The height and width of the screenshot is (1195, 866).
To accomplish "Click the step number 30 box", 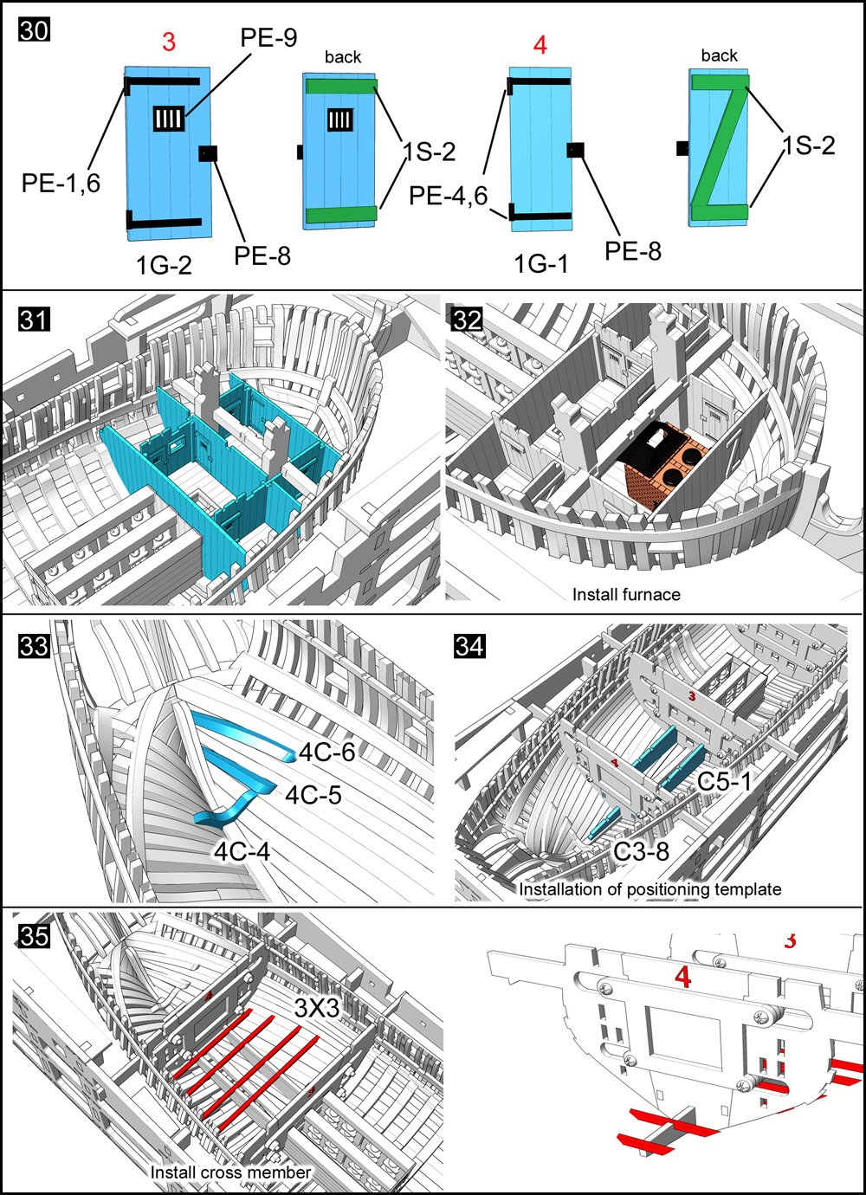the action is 34,29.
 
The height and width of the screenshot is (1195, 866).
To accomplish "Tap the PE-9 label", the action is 268,38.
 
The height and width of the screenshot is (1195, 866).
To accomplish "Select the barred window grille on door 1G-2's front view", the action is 169,118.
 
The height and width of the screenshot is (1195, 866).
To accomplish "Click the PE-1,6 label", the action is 61,183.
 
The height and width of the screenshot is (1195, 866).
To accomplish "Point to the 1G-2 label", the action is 164,265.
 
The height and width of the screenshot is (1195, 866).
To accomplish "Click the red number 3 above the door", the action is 169,42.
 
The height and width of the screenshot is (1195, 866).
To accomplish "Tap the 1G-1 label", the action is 541,263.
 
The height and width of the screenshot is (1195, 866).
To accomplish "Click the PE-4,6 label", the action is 449,196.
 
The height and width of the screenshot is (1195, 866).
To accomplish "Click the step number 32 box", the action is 468,320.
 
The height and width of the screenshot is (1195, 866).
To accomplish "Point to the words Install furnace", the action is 626,594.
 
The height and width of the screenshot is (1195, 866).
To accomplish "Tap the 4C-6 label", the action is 326,752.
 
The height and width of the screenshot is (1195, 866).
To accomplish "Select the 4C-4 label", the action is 242,852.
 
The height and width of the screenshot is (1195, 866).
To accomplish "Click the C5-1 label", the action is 724,782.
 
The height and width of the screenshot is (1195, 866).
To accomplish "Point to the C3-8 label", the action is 641,851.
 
